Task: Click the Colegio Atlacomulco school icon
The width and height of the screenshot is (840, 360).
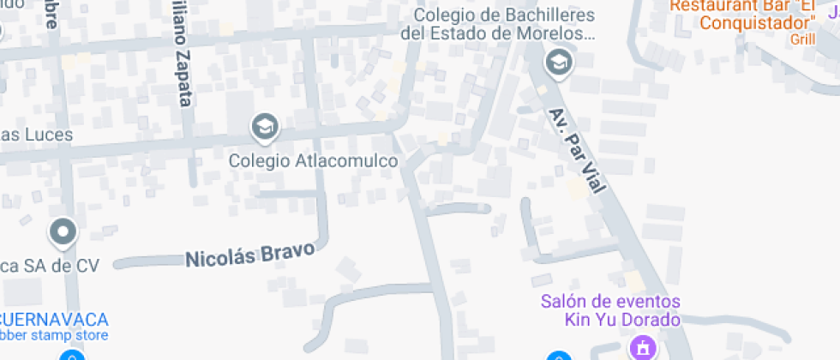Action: (x=265, y=128)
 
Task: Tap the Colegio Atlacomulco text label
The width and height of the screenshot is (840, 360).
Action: (x=314, y=160)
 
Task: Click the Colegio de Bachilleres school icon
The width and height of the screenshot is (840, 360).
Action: (x=559, y=62)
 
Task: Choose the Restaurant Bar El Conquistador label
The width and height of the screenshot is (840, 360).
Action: (x=742, y=14)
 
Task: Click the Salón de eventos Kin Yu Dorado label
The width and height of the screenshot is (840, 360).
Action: (x=610, y=310)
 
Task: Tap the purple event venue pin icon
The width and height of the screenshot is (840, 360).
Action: (x=640, y=347)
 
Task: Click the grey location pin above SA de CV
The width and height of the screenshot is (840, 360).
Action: (x=63, y=231)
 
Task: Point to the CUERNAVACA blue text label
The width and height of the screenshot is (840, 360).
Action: (x=53, y=319)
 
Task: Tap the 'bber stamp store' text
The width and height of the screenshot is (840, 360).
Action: (x=53, y=335)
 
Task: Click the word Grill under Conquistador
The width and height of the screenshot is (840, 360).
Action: (x=802, y=39)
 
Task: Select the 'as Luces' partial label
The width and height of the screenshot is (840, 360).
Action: (x=36, y=135)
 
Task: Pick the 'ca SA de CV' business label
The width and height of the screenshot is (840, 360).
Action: (x=49, y=266)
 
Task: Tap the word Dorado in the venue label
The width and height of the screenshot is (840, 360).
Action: (x=650, y=320)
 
